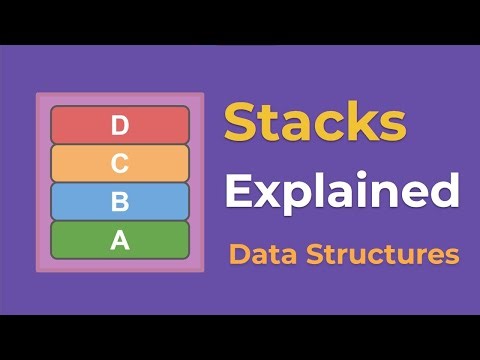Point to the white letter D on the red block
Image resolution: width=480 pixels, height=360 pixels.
(120, 125)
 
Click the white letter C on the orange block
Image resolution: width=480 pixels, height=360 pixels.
(120, 163)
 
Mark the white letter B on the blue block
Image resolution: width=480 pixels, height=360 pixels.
(120, 201)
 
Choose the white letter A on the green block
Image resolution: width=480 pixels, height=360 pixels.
(120, 240)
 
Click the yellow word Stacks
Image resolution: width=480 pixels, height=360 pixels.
(314, 123)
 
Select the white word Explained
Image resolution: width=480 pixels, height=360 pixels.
(341, 191)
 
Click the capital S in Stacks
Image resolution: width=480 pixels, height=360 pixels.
(240, 123)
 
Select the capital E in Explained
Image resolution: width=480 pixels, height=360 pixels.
(237, 189)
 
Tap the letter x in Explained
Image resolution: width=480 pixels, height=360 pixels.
(265, 193)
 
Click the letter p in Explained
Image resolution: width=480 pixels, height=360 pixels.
(292, 196)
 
